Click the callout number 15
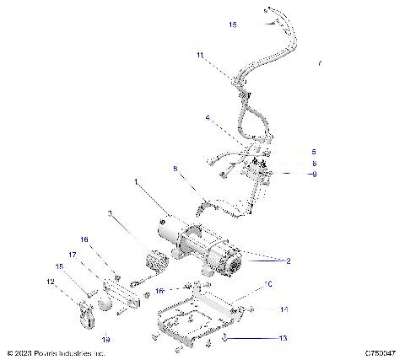click(x=233, y=24)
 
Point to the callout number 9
click(x=290, y=174)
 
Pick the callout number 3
click(x=110, y=213)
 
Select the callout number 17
click(x=73, y=254)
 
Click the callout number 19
click(x=105, y=339)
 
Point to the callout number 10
click(x=267, y=284)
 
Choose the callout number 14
click(x=284, y=309)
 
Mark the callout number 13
click(x=283, y=338)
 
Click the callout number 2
click(x=287, y=261)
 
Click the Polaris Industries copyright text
click(x=56, y=353)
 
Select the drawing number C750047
click(x=381, y=353)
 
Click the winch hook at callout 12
click(x=84, y=315)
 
